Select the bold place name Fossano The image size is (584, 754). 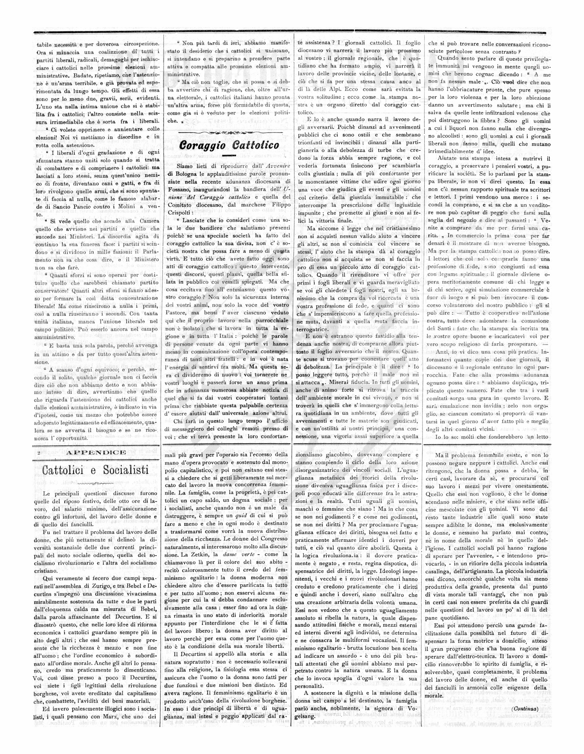(181, 189)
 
